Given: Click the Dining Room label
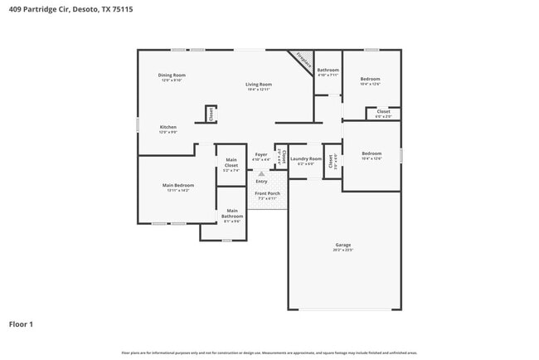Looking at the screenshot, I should pos(172,75).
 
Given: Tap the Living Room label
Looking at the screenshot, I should pos(258,84).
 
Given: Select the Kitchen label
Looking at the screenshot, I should pos(168,127).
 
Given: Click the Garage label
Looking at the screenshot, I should pos(342,245).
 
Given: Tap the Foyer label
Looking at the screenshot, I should pos(261,154).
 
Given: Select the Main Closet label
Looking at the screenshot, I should pos(231,163).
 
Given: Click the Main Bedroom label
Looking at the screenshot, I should pos(177,185).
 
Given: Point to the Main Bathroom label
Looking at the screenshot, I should pos(232,214).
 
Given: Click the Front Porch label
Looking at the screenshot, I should pos(267,193).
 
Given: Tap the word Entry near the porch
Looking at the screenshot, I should pos(261,181).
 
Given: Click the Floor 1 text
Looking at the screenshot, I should pos(22,324).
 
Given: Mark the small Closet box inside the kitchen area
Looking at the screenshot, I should pos(211,114).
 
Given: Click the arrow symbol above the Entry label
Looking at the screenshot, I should pos(262,173).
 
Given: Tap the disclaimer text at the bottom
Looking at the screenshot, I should pos(269,352).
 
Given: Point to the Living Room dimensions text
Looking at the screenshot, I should pos(258,90).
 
